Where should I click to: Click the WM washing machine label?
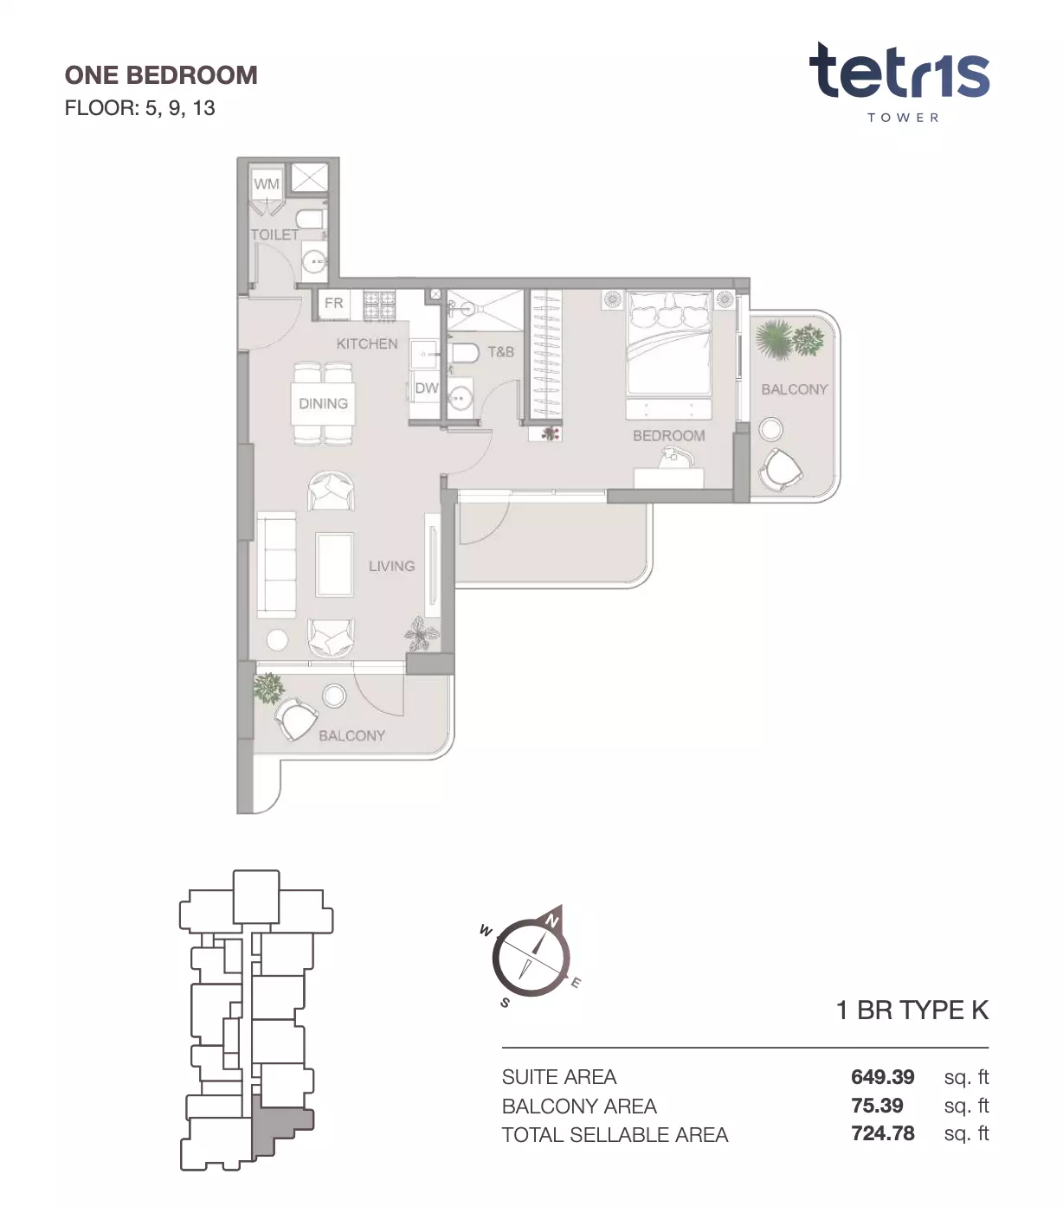[x=267, y=184]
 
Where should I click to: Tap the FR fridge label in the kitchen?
[x=333, y=303]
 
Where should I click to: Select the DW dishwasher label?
[x=427, y=388]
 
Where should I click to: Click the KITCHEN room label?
[x=367, y=343]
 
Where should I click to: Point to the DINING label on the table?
[x=324, y=404]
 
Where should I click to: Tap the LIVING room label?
[x=392, y=566]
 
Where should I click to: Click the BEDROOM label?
[x=669, y=436]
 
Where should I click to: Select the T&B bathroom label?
[x=501, y=352]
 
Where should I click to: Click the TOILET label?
[x=274, y=234]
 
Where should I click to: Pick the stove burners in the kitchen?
[x=379, y=305]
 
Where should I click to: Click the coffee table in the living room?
[x=335, y=564]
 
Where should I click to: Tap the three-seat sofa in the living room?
[x=276, y=564]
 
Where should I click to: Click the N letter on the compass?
[x=552, y=921]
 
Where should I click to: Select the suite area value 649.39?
[x=883, y=1077]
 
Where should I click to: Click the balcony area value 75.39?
[x=877, y=1106]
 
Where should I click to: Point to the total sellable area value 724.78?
[x=883, y=1133]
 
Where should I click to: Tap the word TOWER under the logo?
[x=903, y=118]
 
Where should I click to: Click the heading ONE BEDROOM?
[x=161, y=75]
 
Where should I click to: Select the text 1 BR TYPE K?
[x=912, y=1010]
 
